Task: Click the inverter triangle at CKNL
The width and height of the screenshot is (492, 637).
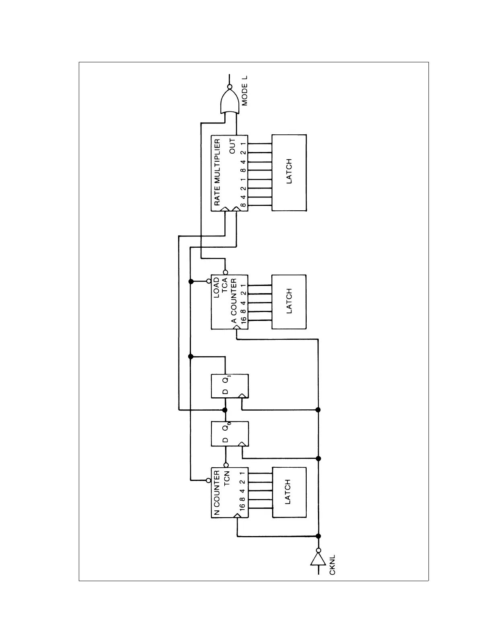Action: (318, 559)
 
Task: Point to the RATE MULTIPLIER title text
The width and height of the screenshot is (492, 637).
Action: (217, 173)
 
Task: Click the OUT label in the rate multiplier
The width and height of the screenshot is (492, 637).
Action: (232, 146)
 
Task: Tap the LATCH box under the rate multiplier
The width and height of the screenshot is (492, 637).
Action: (289, 173)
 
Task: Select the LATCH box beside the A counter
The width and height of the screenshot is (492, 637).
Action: (289, 302)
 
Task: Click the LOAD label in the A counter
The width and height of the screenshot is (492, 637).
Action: (217, 288)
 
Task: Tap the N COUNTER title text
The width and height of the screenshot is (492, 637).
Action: (217, 493)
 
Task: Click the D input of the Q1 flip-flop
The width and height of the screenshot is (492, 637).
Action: (225, 392)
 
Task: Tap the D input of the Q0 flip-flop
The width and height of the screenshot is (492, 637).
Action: (225, 440)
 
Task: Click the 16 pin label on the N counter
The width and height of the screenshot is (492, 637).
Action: (242, 507)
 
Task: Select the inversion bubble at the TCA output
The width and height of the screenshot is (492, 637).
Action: (225, 272)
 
